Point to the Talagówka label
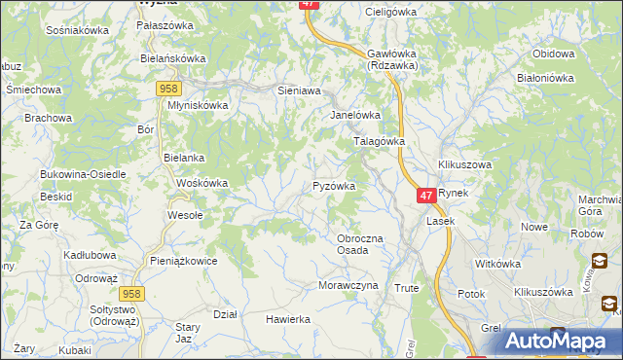coord(378,141)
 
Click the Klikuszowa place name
coord(465,165)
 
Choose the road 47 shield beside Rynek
coord(425,196)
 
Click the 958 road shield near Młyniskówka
coord(165,89)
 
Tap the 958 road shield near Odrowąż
coord(132,292)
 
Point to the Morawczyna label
coord(347,286)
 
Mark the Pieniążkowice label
coord(184,261)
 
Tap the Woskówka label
coord(202,183)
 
